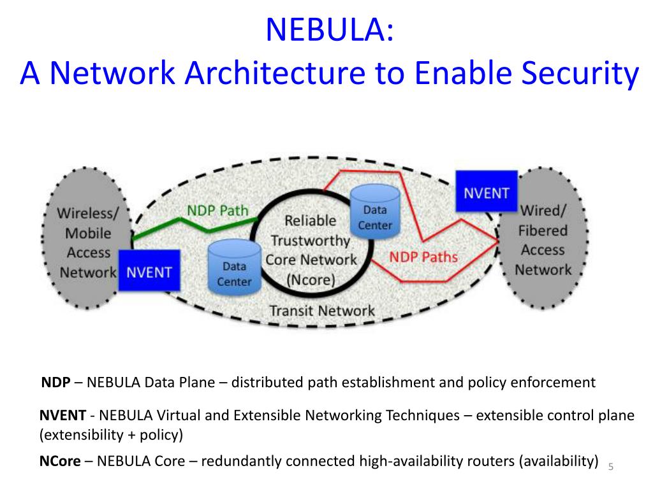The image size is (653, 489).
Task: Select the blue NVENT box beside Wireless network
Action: coord(149,272)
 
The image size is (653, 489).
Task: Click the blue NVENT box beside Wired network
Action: coord(486,192)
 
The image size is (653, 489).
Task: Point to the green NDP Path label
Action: coord(217,210)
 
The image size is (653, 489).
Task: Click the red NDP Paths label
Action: coord(423,257)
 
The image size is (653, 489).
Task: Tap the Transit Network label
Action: coord(322,311)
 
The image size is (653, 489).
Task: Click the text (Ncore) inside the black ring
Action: coord(310,279)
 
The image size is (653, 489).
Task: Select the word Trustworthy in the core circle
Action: coord(311,240)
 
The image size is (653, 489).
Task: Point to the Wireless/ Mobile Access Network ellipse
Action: coord(87,241)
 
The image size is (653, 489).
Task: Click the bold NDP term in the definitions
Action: coord(55,383)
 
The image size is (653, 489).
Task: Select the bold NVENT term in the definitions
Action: coord(62,416)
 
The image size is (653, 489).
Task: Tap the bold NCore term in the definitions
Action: coord(60,461)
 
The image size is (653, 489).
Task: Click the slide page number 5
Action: coord(610,467)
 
